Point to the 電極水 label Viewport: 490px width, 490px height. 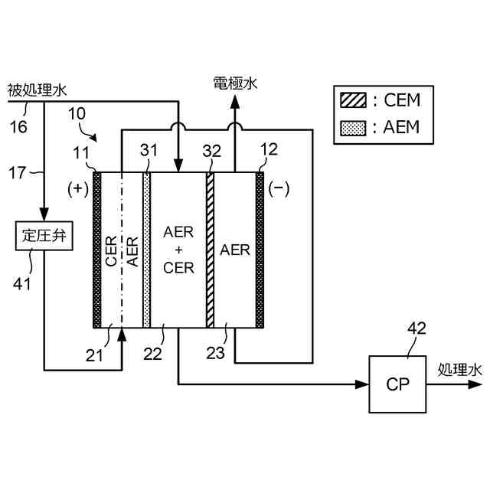coord(235,83)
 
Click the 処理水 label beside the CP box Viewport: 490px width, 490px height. coord(460,369)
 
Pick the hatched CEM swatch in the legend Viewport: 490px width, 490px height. coord(354,100)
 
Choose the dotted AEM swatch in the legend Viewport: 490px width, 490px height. coord(354,126)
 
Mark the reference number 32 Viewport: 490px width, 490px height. coord(211,152)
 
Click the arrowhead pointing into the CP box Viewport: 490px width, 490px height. coord(361,384)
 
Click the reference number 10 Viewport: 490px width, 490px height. coord(77,115)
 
